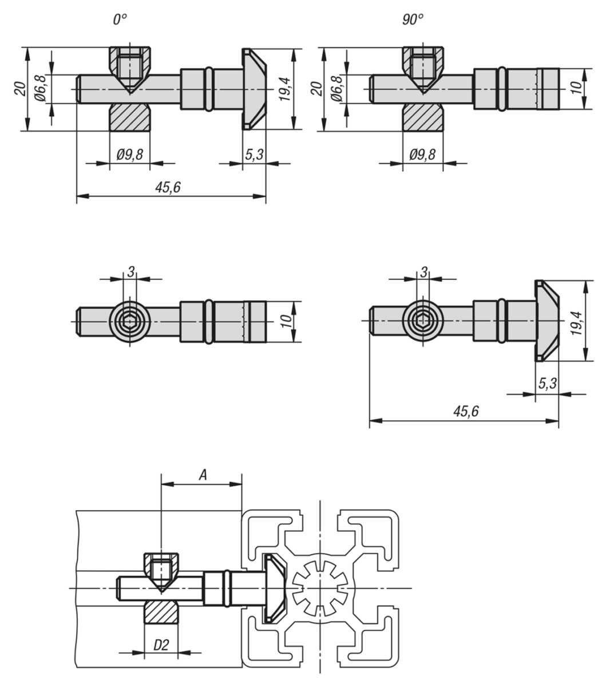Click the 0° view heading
120,19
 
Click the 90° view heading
412,19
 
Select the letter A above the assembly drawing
202,474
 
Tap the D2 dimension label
161,645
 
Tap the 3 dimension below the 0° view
130,271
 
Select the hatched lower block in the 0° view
130,117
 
